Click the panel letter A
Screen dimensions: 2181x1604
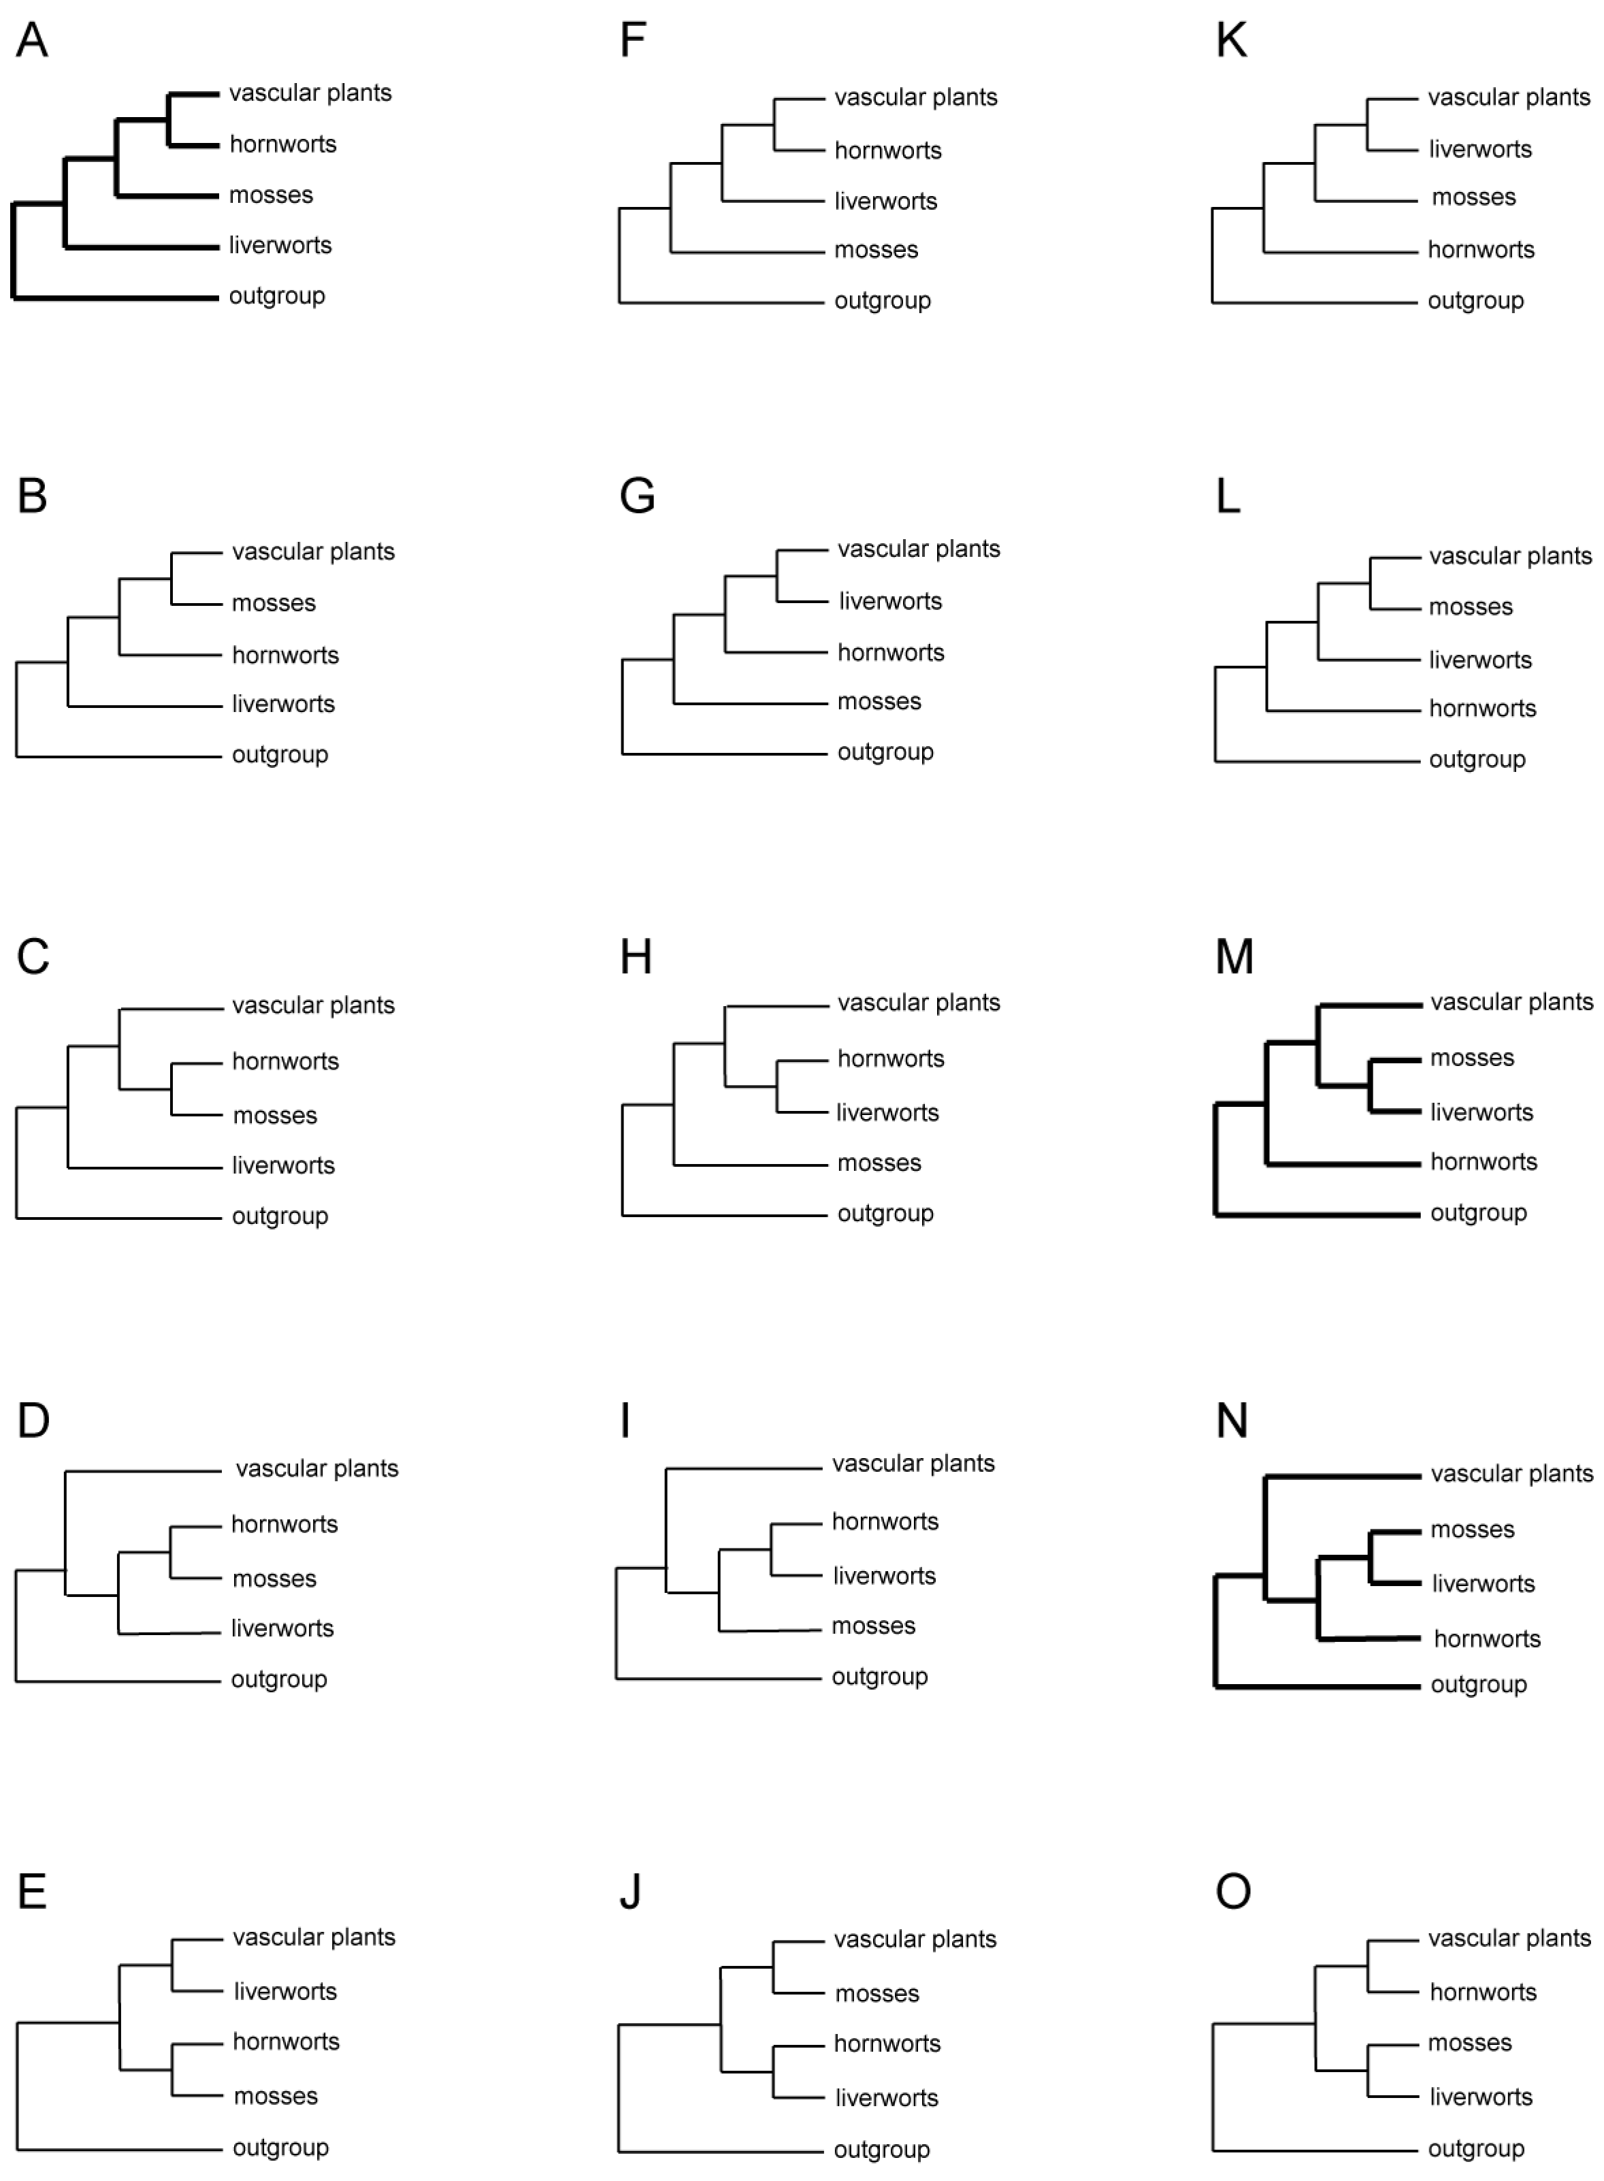click(32, 41)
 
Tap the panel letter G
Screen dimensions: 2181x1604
click(637, 496)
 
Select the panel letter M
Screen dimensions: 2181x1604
click(1234, 958)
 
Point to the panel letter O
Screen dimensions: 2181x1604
click(1233, 1892)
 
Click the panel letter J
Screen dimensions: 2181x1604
click(630, 1892)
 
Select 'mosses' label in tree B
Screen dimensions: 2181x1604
click(274, 603)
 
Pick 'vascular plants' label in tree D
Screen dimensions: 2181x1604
click(316, 1468)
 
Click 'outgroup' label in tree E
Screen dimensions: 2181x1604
click(280, 2148)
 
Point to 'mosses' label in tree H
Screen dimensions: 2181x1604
click(879, 1163)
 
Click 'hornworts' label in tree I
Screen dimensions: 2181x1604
click(885, 1521)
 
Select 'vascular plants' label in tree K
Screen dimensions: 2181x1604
click(1509, 97)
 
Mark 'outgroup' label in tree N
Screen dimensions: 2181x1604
click(1479, 1685)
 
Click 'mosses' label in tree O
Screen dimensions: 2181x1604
click(1470, 2043)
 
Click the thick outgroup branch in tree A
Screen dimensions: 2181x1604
click(116, 297)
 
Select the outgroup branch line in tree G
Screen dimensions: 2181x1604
click(724, 754)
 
